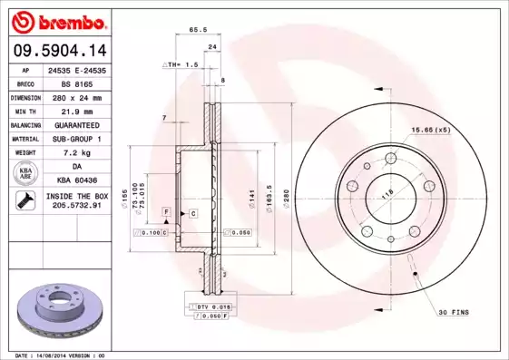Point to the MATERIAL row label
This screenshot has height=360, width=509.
coord(24,138)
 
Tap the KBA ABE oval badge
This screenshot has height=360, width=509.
coord(25,173)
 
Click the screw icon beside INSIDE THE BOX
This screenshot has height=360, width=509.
coord(24,200)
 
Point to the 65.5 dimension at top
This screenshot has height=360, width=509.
coord(193,29)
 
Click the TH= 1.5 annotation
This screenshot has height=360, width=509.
coord(182,65)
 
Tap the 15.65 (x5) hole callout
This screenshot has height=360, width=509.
coord(430,130)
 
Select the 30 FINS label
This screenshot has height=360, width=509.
coord(453,313)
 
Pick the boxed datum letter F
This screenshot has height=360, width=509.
coord(167,211)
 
